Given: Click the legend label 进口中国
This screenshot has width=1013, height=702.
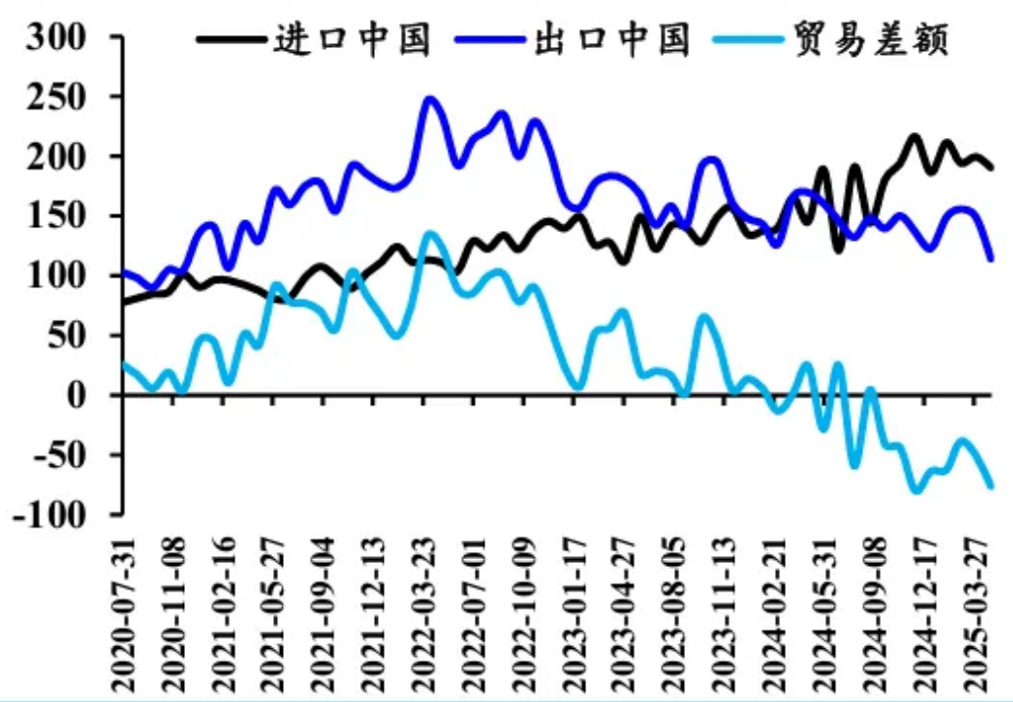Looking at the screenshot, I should pos(353,39).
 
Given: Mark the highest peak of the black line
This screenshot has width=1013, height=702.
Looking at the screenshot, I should pos(915,137).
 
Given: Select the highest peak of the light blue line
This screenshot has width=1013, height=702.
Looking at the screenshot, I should pos(429,233).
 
